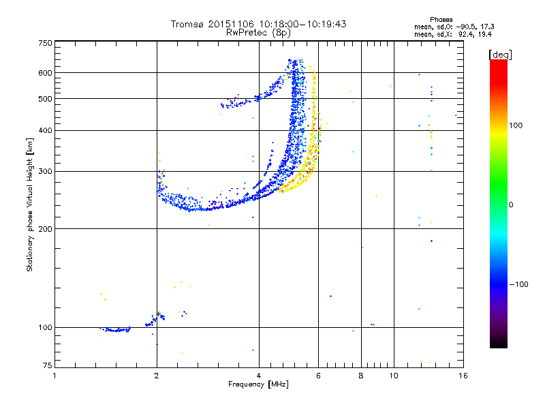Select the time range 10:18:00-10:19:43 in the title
[x=302, y=24]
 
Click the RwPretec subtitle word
[x=247, y=33]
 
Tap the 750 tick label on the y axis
[x=45, y=43]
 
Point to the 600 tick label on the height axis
[x=45, y=73]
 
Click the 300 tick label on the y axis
[x=45, y=172]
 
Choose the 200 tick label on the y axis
[x=45, y=229]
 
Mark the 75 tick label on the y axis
[x=48, y=365]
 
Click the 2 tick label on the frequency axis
[x=157, y=376]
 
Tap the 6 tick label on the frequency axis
[x=318, y=376]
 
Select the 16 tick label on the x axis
[x=463, y=376]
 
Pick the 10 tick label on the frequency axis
[x=394, y=376]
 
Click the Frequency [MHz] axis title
[x=258, y=384]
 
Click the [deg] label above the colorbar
[x=500, y=55]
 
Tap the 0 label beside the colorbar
[x=511, y=205]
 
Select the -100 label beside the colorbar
[x=518, y=284]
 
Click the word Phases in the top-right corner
[x=441, y=20]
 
